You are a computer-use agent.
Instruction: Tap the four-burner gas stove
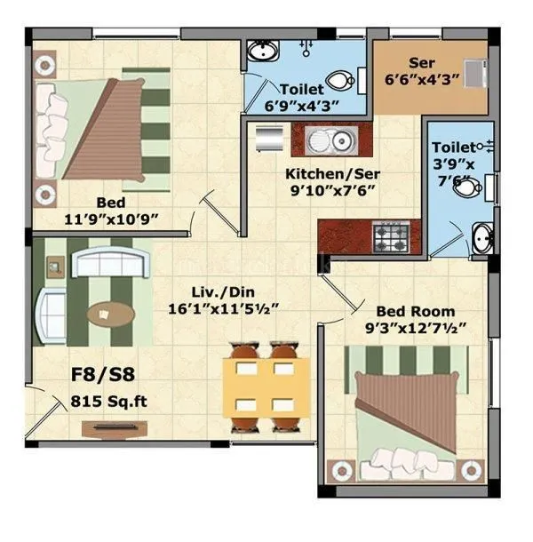[391, 235]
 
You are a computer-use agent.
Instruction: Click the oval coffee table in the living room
[110, 313]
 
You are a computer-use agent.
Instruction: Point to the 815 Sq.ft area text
[108, 402]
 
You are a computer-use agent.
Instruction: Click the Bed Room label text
[415, 312]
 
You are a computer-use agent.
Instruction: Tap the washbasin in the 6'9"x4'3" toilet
[260, 49]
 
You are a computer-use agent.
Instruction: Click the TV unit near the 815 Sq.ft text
[107, 428]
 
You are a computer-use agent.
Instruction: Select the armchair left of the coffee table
[50, 313]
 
